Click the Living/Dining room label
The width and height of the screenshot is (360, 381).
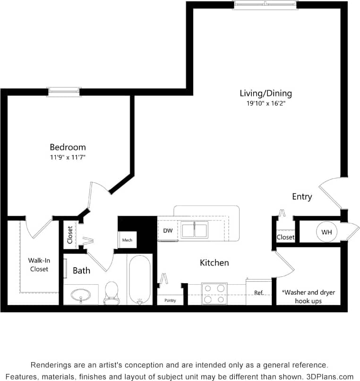coord(266,93)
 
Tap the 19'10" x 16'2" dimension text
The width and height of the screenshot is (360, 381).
coord(266,103)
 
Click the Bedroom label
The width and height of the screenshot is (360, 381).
coord(68,147)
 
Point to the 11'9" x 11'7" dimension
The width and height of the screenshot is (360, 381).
coord(68,157)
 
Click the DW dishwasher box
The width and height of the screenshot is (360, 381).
coord(168,231)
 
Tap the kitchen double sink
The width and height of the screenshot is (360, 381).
coord(195,230)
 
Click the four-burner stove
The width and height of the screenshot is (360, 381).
coord(214,293)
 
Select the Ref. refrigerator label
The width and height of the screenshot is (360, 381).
coord(258,293)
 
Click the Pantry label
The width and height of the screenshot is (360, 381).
coord(170,300)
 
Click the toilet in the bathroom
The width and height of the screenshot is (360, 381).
coord(111,293)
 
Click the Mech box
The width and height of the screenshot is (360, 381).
coord(127,240)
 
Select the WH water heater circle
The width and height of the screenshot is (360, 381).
coord(326,232)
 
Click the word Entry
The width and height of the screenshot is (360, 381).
coord(302,196)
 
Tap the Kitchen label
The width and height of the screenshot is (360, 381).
coord(214,262)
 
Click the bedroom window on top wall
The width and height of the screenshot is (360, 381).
coord(64,92)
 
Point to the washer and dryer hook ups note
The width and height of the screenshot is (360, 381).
coord(308,296)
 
